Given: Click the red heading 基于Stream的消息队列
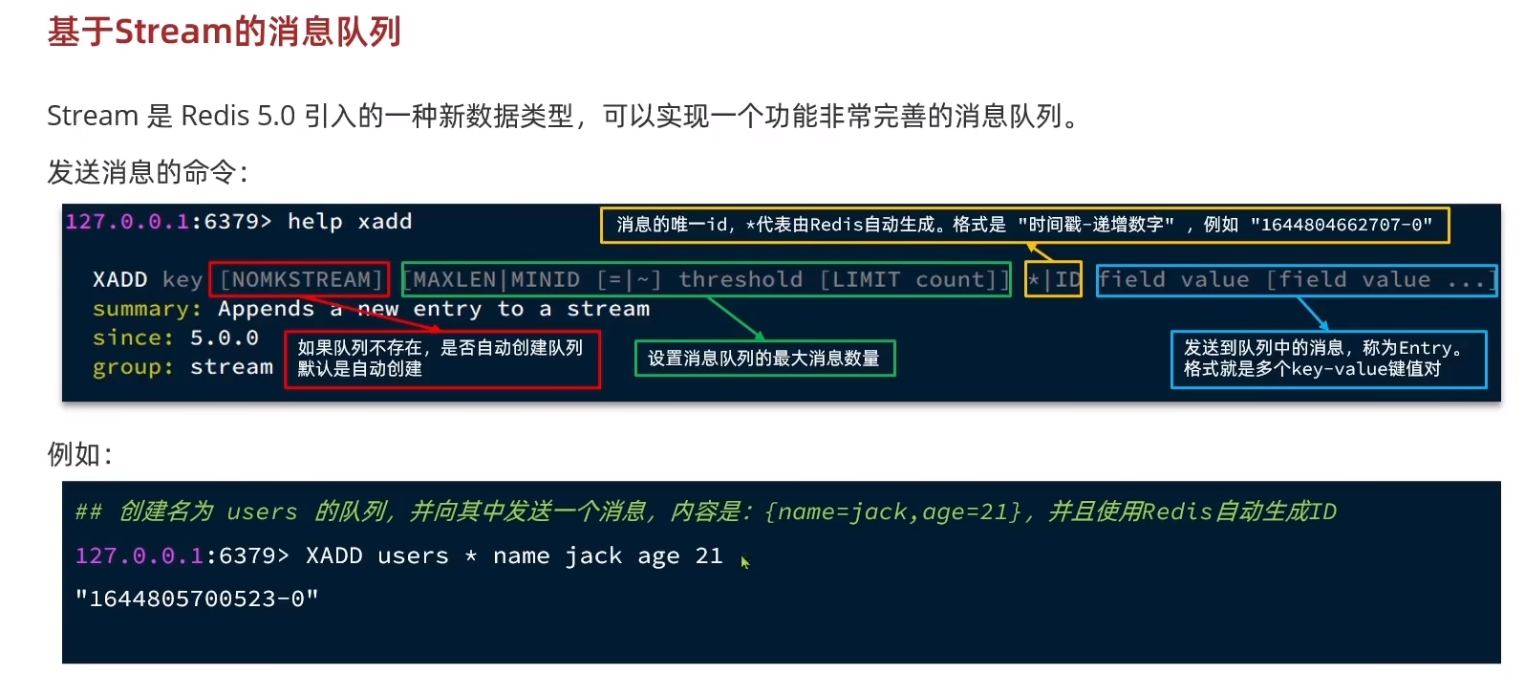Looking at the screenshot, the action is click(224, 32).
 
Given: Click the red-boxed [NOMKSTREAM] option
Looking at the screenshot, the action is click(299, 279).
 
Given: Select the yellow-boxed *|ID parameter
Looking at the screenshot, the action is click(1053, 279).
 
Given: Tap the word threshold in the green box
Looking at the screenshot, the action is click(740, 279).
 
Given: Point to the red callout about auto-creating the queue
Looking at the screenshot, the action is click(441, 359).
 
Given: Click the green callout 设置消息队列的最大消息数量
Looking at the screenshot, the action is click(764, 359).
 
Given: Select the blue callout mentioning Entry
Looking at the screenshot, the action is click(1328, 359).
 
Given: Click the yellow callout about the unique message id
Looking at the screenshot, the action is click(1024, 225).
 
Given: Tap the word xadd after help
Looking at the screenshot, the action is click(385, 222).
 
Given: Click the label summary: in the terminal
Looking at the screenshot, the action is click(147, 309).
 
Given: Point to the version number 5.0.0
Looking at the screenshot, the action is click(224, 337).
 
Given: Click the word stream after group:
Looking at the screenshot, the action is click(231, 367).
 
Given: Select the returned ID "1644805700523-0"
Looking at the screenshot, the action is click(197, 599).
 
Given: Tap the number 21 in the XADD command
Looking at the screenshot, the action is click(709, 555).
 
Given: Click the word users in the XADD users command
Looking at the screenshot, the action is click(413, 555).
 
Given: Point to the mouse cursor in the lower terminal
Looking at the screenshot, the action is click(744, 562).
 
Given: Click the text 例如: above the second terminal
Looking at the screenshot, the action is click(80, 454).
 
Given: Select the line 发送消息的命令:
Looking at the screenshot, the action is click(148, 172).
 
